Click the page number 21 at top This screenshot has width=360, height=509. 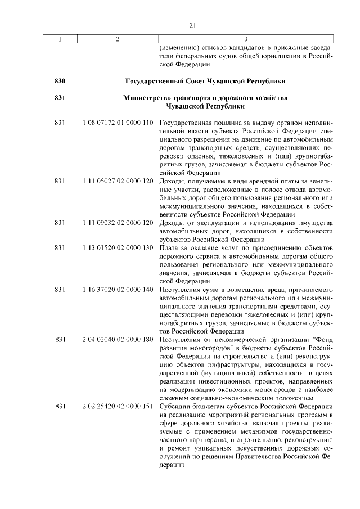[191, 25]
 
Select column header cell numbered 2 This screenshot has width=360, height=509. [117, 39]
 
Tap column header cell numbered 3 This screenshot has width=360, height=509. [246, 39]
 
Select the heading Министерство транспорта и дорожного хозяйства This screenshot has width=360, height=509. [205, 98]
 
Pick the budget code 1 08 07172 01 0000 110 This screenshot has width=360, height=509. [117, 122]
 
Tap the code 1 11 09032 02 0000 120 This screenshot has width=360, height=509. [117, 223]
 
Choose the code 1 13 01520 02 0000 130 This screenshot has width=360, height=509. [117, 248]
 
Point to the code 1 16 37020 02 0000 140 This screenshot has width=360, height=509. [117, 290]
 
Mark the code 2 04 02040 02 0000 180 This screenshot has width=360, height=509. [117, 340]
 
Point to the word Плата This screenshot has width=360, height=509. [169, 248]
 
